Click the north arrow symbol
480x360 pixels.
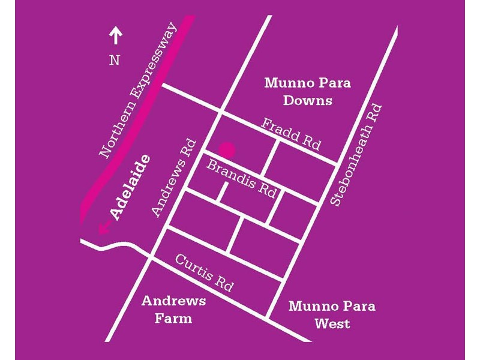(115, 37)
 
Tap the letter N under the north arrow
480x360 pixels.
(114, 60)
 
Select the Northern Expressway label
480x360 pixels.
(139, 91)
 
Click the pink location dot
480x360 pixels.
(226, 149)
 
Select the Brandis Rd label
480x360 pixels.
(242, 178)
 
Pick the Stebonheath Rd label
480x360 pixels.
(356, 155)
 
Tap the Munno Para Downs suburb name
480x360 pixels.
(307, 91)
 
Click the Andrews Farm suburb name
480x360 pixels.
(173, 310)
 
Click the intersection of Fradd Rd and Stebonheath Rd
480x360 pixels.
(338, 163)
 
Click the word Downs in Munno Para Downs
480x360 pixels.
(307, 100)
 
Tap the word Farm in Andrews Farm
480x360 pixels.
(173, 319)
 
